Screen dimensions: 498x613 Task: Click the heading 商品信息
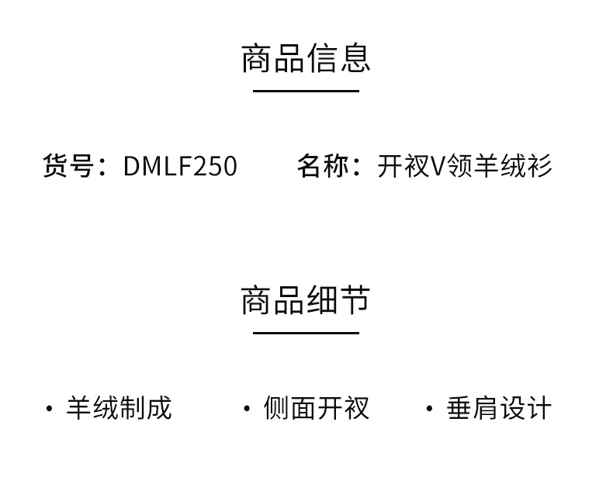(x=306, y=58)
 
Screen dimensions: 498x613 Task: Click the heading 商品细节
(x=306, y=300)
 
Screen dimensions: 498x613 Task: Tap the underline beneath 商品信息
(x=306, y=92)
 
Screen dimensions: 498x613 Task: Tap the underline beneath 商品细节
(x=306, y=334)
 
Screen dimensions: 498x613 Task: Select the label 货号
(x=68, y=166)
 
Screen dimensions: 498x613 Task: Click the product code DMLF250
(x=180, y=166)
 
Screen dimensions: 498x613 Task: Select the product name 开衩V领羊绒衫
(x=465, y=166)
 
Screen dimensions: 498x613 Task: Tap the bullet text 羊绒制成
(x=119, y=408)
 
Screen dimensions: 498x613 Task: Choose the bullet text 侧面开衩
(x=316, y=408)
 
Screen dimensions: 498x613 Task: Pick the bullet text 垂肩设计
(x=499, y=408)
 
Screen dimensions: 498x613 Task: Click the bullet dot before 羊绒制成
(x=50, y=409)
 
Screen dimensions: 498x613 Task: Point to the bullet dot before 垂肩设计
(x=429, y=409)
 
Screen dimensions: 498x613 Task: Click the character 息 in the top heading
(x=355, y=58)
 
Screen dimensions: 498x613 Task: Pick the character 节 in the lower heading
(x=355, y=300)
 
